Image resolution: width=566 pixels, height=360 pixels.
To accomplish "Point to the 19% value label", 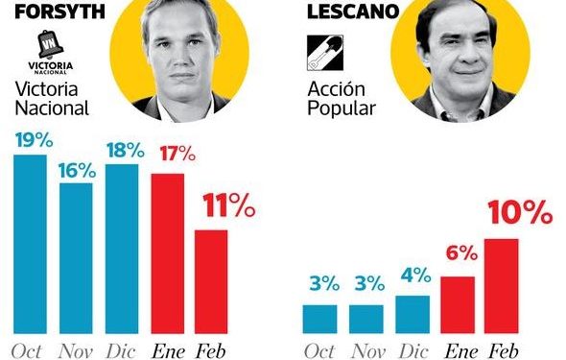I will [x=32, y=139].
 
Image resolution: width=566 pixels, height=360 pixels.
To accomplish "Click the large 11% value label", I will [x=227, y=204].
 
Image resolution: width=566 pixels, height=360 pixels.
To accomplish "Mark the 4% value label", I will [x=413, y=276].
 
